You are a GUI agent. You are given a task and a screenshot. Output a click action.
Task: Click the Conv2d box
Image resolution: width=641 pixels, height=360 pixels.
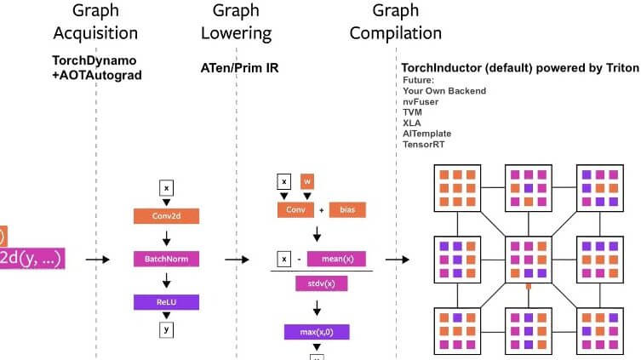point(167,216)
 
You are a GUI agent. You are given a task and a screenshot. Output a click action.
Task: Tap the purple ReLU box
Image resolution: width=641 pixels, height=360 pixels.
point(167,301)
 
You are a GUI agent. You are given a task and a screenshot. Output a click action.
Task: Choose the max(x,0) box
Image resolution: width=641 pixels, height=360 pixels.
point(318,332)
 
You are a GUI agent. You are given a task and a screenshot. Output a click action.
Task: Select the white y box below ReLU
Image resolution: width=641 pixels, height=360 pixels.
point(167,329)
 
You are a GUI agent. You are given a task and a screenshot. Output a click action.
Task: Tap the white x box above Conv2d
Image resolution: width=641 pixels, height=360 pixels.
point(167,187)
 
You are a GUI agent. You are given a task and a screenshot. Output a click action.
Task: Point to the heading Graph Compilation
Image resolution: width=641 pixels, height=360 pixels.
point(396,23)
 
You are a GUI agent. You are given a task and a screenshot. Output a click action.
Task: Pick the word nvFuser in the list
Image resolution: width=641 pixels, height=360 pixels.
point(422,100)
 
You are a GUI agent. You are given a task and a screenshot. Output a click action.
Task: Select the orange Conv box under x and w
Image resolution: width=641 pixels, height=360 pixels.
point(295,209)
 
